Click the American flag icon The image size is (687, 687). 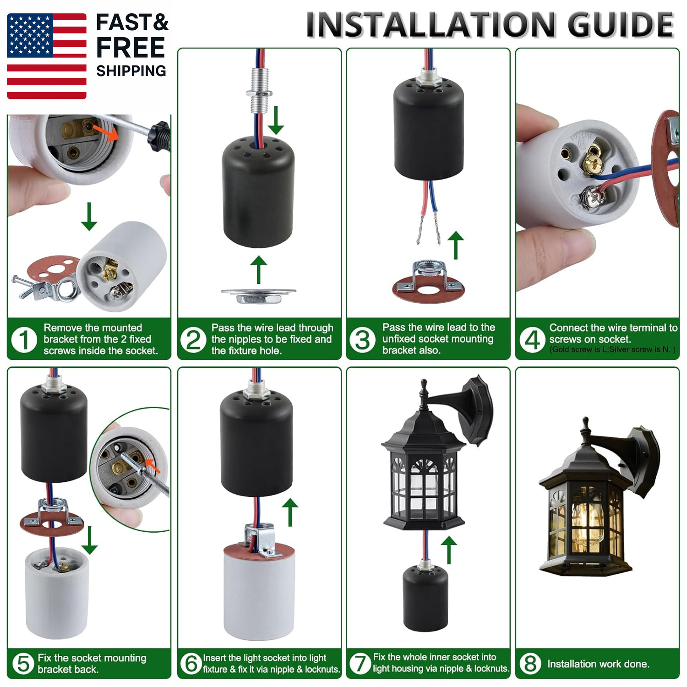pyautogui.click(x=47, y=56)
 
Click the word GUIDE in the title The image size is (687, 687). pyautogui.click(x=621, y=25)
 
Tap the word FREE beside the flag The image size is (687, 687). pyautogui.click(x=131, y=48)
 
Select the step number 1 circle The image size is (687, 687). pyautogui.click(x=24, y=340)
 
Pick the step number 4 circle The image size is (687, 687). pyautogui.click(x=532, y=340)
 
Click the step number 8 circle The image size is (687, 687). pyautogui.click(x=531, y=663)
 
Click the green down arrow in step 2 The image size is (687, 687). pyautogui.click(x=276, y=120)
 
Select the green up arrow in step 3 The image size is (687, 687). pyautogui.click(x=455, y=245)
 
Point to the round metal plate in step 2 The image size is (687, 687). pyautogui.click(x=259, y=295)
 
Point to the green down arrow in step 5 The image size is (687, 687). pyautogui.click(x=89, y=540)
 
